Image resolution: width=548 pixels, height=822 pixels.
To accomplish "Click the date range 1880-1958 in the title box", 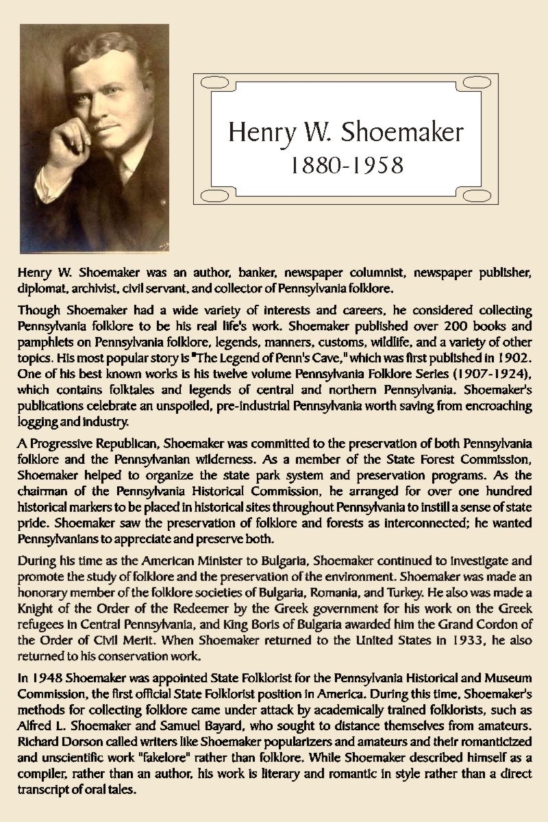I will (346, 166).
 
